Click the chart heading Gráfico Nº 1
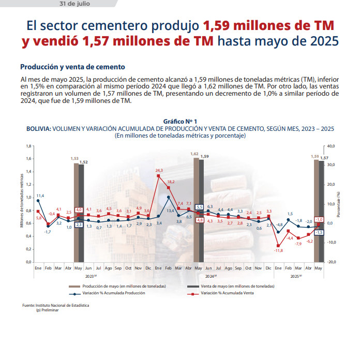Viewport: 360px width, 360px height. point(179,121)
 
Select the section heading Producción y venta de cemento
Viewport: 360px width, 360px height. point(72,67)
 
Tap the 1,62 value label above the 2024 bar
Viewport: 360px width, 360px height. point(194,154)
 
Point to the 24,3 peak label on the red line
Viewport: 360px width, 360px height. point(159,170)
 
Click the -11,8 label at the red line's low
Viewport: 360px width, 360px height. point(278,251)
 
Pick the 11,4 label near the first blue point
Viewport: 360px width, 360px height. point(40,196)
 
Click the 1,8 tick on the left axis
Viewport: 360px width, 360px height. point(28,146)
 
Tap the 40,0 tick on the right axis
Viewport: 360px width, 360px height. point(331,146)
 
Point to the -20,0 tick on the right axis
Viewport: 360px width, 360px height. point(331,262)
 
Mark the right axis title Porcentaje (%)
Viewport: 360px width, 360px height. point(338,204)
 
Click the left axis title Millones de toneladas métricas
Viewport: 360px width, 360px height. point(22,204)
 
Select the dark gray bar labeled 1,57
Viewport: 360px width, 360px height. point(321,212)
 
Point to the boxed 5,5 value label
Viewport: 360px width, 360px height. point(199,207)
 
